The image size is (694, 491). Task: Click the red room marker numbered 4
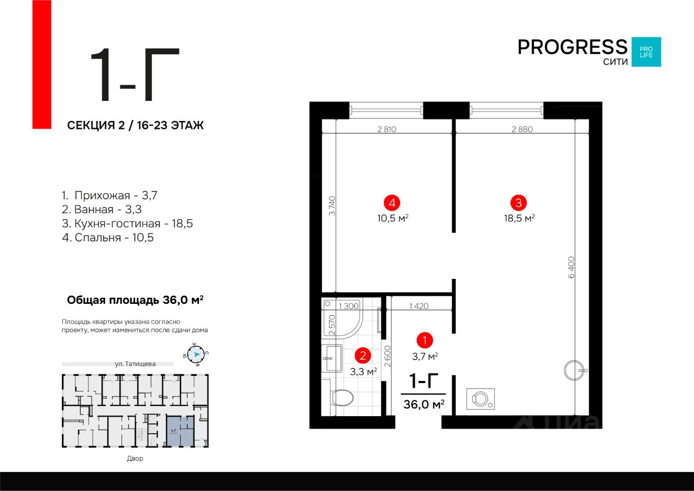391,203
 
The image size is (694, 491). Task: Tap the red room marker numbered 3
519,203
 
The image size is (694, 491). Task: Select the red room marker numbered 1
425,341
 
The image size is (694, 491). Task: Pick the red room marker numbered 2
363,356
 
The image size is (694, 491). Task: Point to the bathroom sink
331,358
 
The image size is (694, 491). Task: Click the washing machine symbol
480,399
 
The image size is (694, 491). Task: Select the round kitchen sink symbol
574,371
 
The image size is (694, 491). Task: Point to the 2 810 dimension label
388,129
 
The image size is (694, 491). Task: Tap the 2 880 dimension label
522,129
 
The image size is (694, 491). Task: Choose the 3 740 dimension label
332,206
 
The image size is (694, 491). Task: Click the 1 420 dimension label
419,306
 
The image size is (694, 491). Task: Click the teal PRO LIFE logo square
646,52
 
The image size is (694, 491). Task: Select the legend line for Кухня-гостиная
127,223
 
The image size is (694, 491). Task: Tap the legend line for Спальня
108,237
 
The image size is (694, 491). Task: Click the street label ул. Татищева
136,364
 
